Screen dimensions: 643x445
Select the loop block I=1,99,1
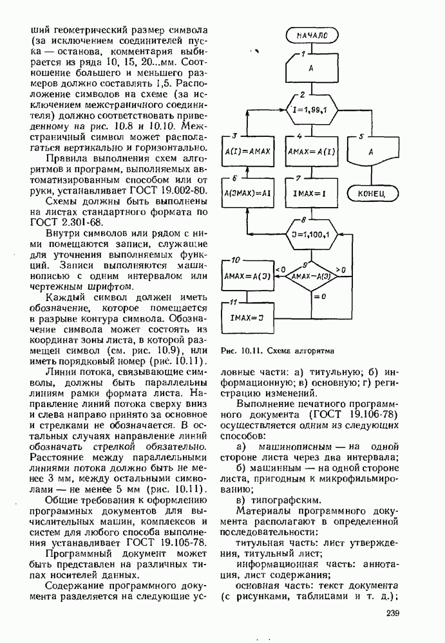point(312,109)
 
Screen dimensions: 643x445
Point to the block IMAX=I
point(312,193)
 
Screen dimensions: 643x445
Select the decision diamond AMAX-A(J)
point(312,277)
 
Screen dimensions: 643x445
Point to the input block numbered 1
point(312,67)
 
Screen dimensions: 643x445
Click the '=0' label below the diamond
point(320,296)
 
